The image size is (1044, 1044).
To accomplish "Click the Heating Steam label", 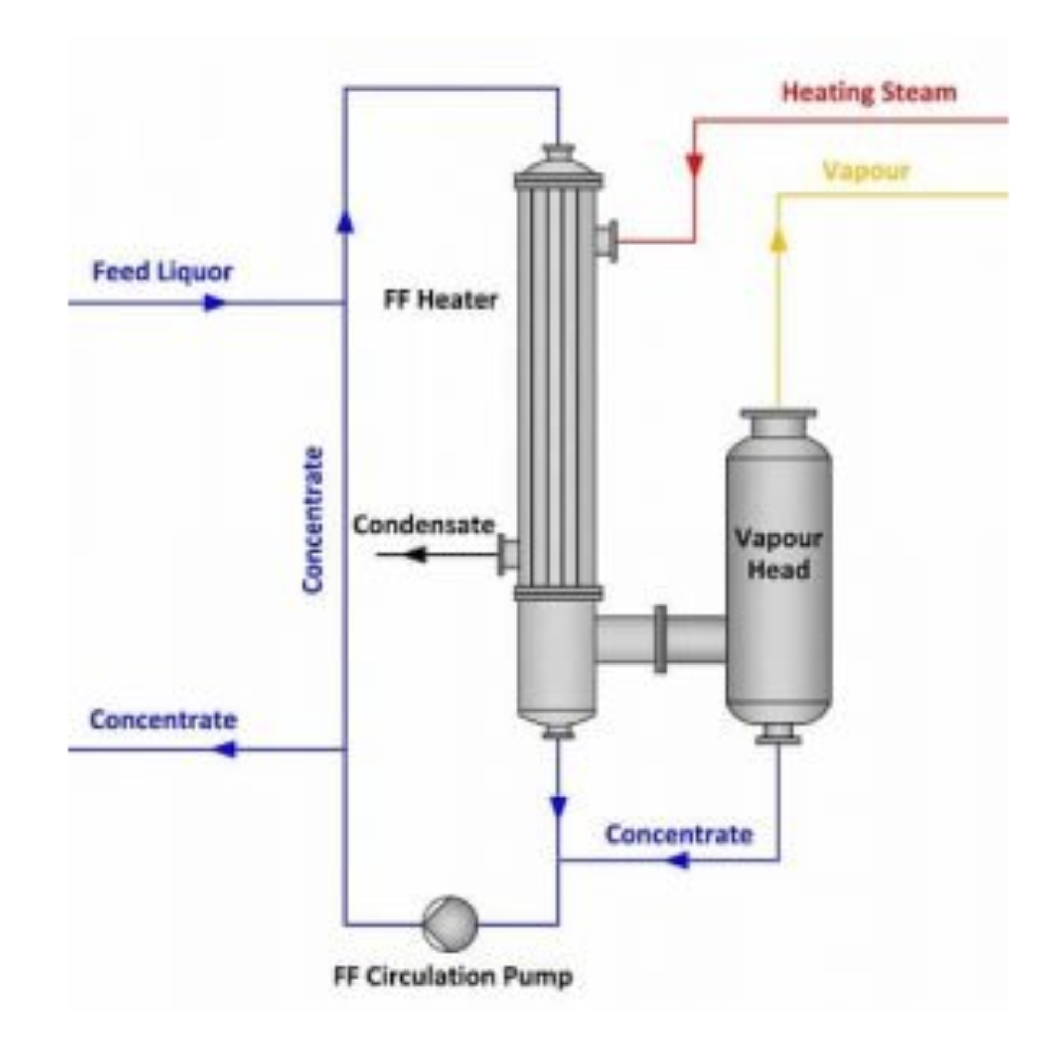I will [x=869, y=93].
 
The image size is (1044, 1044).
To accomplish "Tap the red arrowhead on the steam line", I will [x=695, y=165].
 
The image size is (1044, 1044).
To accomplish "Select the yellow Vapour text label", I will [x=866, y=172].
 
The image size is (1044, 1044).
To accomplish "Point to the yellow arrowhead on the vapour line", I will [x=778, y=240].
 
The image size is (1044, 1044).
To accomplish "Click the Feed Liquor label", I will [x=163, y=272].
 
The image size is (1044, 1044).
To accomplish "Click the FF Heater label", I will [x=440, y=301].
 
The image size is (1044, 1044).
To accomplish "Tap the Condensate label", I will [x=424, y=525].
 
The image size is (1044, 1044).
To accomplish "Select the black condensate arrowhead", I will [x=415, y=554].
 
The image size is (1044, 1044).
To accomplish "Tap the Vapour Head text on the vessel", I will [x=778, y=554].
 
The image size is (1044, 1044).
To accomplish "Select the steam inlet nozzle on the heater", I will [x=606, y=241].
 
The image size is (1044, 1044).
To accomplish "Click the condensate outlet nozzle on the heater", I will [x=508, y=555].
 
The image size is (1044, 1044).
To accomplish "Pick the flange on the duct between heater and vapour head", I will [x=660, y=639].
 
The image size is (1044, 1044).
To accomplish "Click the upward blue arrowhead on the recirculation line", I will [x=345, y=222].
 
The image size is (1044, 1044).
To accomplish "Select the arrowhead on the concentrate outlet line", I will [x=226, y=750].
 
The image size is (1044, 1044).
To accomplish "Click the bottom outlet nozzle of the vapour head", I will [x=778, y=734].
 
